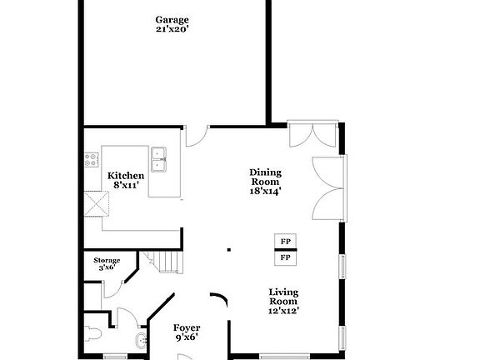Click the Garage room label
172,19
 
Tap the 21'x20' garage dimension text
172,29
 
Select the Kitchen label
126,176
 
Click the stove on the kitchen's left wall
92,160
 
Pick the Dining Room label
266,177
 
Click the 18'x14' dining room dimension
266,191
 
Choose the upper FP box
285,242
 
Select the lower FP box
285,258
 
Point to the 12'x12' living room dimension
283,311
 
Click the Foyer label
186,328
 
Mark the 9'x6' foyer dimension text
186,339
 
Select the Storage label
107,261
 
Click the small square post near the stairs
228,248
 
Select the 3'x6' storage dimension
107,268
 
